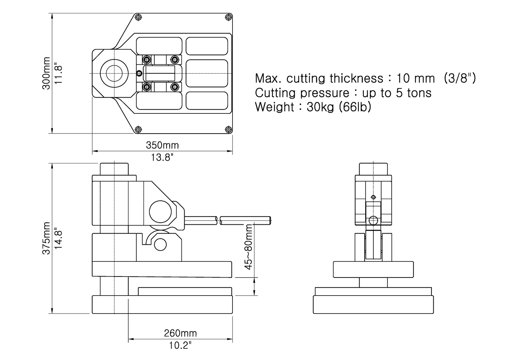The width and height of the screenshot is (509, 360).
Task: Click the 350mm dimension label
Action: click(x=162, y=145)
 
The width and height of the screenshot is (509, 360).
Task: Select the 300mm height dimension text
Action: click(x=46, y=73)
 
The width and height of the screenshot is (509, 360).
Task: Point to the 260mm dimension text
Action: click(x=180, y=333)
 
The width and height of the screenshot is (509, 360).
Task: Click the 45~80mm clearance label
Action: click(x=249, y=247)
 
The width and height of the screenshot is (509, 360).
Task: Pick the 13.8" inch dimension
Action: click(x=162, y=157)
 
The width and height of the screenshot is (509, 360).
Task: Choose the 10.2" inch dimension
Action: click(x=180, y=345)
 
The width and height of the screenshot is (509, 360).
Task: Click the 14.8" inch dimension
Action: click(x=58, y=238)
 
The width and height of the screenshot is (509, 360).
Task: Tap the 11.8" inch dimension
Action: click(x=58, y=73)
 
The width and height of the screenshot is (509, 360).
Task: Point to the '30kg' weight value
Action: click(x=320, y=107)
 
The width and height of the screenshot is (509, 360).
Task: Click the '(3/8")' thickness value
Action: click(x=460, y=78)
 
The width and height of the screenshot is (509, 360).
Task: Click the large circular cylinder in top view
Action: click(x=111, y=74)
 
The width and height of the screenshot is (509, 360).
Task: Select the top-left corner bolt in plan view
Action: click(x=138, y=17)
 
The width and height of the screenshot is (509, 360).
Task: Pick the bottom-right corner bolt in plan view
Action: click(x=228, y=129)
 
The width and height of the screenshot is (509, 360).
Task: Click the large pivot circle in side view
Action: click(x=160, y=212)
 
